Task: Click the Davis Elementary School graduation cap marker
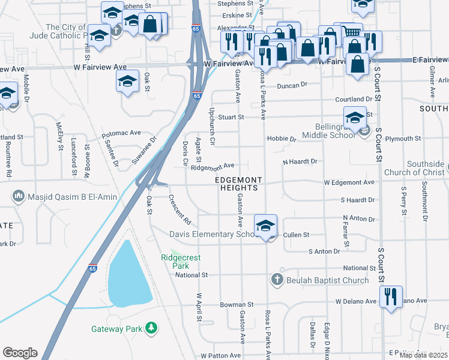point(265,226)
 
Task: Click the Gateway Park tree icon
point(152,328)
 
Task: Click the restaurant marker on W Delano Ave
point(391,297)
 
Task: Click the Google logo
point(20,353)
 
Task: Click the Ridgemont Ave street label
point(212,166)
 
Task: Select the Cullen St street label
point(296,235)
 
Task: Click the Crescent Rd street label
point(179,206)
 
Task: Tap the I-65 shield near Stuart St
point(197,95)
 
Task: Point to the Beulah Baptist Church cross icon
point(277,279)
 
